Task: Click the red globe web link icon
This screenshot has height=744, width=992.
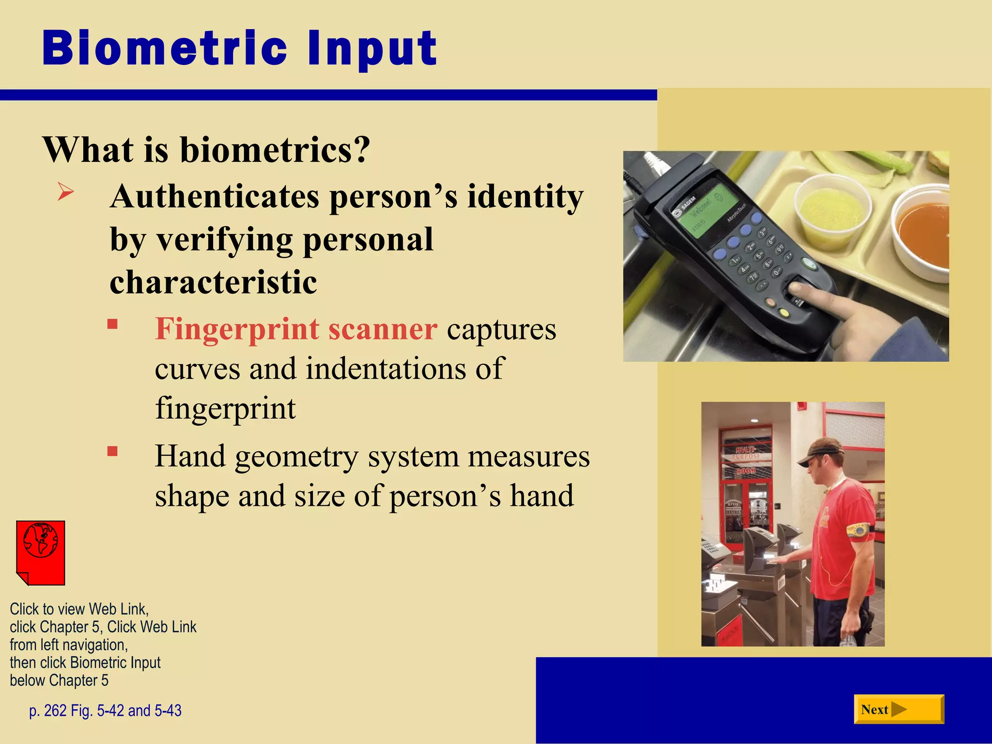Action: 41,552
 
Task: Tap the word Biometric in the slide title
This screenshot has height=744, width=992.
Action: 165,48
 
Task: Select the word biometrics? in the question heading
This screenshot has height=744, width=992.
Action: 275,150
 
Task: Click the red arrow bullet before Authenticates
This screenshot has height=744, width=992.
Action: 65,192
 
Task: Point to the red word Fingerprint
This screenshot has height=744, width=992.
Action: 237,329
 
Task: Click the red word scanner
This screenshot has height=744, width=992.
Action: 383,329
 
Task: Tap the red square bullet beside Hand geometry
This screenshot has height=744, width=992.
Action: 112,452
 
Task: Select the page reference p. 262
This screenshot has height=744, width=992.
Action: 47,711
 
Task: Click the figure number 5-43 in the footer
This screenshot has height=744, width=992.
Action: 168,711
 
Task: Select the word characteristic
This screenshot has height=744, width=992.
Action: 213,282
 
